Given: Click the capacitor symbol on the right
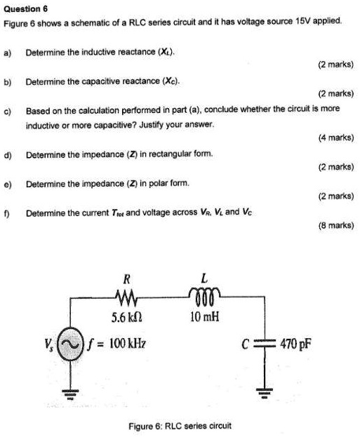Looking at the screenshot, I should [266, 345].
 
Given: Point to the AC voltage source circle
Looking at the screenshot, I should [71, 346].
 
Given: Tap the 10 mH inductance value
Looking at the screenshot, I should [203, 316].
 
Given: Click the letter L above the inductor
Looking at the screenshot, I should [202, 279].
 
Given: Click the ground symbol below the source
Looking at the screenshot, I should [71, 394].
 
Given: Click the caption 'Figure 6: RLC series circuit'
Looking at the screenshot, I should [180, 426].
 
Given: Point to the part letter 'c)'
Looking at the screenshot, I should [8, 110].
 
